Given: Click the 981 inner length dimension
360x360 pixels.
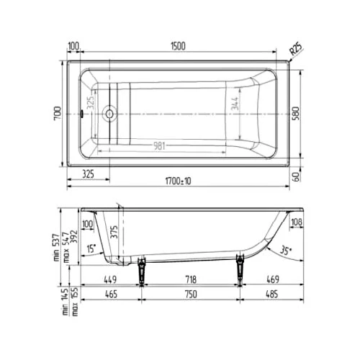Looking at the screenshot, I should [x=161, y=146].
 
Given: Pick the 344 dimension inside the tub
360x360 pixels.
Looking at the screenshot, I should [x=235, y=112].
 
